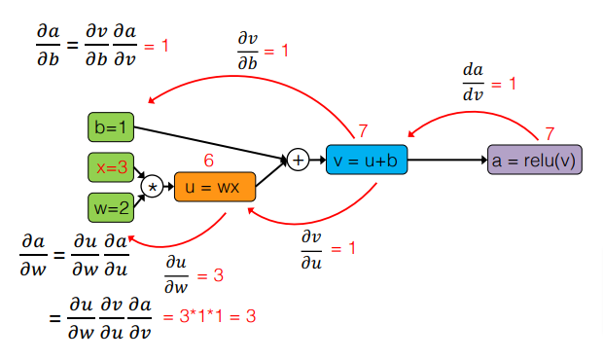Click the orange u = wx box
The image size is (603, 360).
(214, 186)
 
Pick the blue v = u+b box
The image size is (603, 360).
(366, 158)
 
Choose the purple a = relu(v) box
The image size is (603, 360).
(534, 159)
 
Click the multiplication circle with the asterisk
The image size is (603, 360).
(151, 186)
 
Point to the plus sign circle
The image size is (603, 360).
(298, 158)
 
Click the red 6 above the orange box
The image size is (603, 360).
(208, 160)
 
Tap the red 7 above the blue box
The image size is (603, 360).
(363, 130)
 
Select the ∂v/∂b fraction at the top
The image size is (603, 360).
(248, 51)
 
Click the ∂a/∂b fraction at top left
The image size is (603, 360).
(47, 46)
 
